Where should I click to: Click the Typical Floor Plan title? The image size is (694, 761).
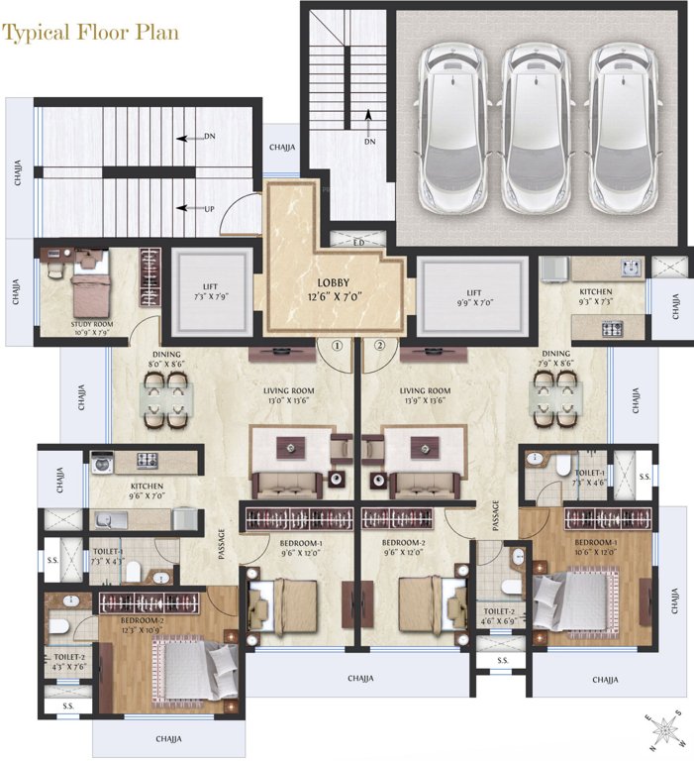pyautogui.click(x=91, y=32)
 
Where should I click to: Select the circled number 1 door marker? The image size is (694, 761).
pyautogui.click(x=337, y=347)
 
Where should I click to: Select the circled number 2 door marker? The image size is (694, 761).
pyautogui.click(x=379, y=347)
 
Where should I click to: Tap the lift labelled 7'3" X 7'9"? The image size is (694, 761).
pyautogui.click(x=209, y=291)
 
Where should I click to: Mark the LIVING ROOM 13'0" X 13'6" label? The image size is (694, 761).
pyautogui.click(x=288, y=395)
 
